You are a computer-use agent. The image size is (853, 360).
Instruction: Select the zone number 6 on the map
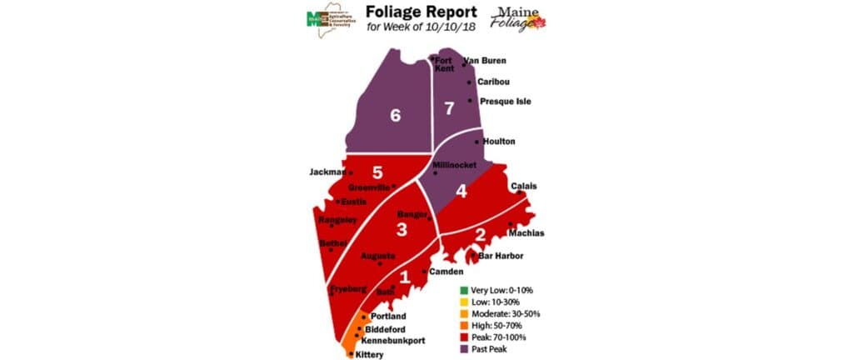[395, 116]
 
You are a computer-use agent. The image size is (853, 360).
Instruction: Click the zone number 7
[449, 108]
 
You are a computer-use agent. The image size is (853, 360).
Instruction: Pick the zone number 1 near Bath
[405, 278]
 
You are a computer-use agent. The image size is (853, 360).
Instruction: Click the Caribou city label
[494, 82]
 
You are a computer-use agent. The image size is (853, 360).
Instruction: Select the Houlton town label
[499, 142]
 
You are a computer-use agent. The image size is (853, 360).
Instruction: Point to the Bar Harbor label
[501, 256]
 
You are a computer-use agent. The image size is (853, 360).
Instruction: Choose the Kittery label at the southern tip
[369, 354]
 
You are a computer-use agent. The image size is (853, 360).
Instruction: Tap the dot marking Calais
[520, 192]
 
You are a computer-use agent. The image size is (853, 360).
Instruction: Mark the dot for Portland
[363, 317]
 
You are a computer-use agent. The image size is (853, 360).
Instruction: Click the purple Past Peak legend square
[462, 349]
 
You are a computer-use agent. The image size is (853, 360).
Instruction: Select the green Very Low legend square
[462, 290]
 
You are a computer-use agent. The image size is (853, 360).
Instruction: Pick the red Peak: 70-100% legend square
[462, 337]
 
